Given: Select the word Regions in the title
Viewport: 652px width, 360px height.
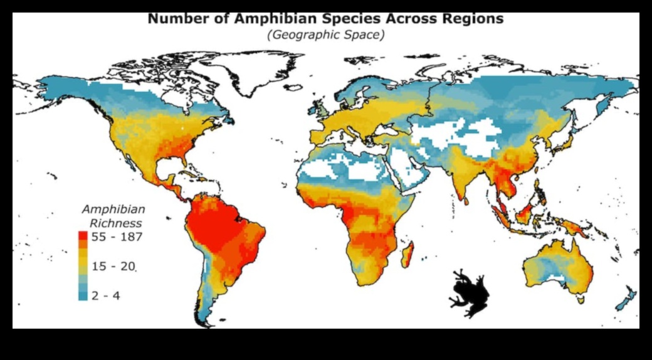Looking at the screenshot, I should [473, 19].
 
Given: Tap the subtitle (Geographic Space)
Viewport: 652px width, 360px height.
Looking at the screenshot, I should [326, 34].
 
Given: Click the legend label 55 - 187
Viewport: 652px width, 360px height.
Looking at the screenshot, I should [118, 237].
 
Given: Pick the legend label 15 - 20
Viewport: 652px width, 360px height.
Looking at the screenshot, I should [113, 267].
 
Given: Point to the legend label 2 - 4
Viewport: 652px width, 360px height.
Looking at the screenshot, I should [106, 295].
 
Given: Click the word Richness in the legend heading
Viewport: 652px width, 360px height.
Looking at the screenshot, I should [116, 223].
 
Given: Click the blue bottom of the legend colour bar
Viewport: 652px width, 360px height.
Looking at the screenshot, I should [83, 295].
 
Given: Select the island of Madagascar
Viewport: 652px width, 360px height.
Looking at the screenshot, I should [409, 256].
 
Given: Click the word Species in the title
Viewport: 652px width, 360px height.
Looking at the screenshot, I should [359, 19].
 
